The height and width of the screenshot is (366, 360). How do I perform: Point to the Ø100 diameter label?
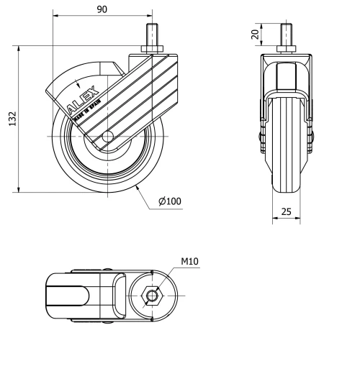170,201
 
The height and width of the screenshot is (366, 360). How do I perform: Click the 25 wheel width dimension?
286,211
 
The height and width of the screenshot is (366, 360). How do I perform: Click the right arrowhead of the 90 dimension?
150,16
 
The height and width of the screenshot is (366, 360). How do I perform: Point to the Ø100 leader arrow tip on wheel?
137,186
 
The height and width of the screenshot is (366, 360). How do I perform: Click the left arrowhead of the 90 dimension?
55,16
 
